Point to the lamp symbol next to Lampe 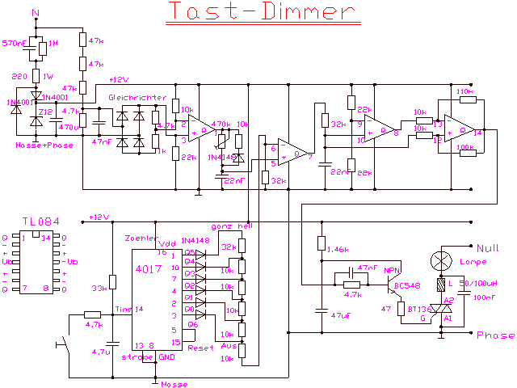(x=440, y=260)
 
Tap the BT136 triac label (x=418, y=308)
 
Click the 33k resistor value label (x=100, y=288)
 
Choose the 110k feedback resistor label (x=464, y=92)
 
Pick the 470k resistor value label (x=219, y=125)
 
